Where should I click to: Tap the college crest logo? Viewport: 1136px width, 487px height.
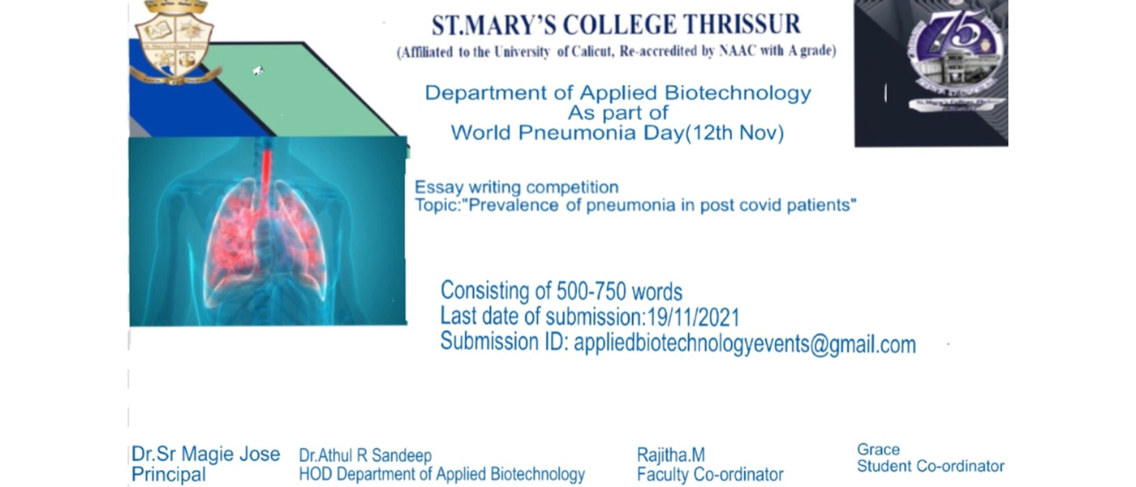175,42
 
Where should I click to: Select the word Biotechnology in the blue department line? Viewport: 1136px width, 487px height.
738,93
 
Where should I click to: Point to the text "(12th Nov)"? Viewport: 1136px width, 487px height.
734,133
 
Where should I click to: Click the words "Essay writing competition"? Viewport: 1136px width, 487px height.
516,187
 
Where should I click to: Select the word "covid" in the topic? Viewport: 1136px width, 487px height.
761,205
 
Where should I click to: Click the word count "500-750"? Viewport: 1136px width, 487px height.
594,291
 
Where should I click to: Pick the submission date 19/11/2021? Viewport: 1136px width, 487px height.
693,317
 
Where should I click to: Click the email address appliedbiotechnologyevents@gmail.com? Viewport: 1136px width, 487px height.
745,344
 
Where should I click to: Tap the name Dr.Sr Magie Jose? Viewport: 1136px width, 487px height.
205,454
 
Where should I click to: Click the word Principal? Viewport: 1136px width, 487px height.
169,475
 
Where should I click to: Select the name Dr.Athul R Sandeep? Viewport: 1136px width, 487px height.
365,455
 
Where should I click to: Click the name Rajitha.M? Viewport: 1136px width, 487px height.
670,455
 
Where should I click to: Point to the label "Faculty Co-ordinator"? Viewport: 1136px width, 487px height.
710,475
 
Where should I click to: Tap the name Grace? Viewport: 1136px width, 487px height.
878,450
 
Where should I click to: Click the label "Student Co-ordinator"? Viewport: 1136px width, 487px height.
931,466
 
